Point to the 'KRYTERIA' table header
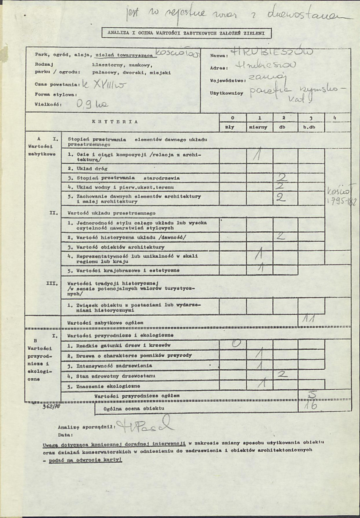click(x=115, y=122)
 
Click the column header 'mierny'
click(x=259, y=128)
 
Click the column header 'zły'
click(x=233, y=128)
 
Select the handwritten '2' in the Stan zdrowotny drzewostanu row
click(x=283, y=374)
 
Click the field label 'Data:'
click(x=67, y=434)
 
